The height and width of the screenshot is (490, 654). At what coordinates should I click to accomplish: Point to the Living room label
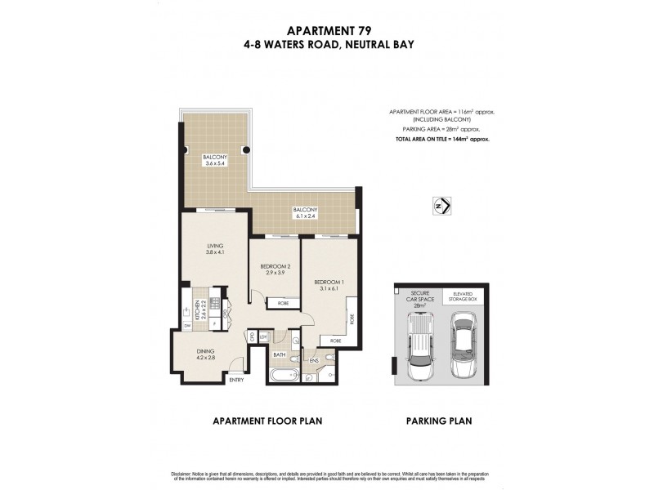(215, 248)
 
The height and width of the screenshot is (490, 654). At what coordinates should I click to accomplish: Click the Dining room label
(205, 355)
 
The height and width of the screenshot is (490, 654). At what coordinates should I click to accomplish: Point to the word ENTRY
(236, 380)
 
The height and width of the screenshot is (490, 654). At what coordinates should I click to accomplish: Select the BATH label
(279, 354)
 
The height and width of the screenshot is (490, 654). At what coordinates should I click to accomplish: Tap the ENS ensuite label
(313, 359)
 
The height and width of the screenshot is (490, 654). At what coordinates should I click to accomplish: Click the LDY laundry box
(263, 336)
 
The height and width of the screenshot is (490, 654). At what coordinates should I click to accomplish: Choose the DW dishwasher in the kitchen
(187, 326)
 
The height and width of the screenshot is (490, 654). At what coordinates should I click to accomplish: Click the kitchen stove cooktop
(215, 300)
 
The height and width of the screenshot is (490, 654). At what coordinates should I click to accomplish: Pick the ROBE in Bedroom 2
(282, 303)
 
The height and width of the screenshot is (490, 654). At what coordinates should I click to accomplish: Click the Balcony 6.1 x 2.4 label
(305, 213)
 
